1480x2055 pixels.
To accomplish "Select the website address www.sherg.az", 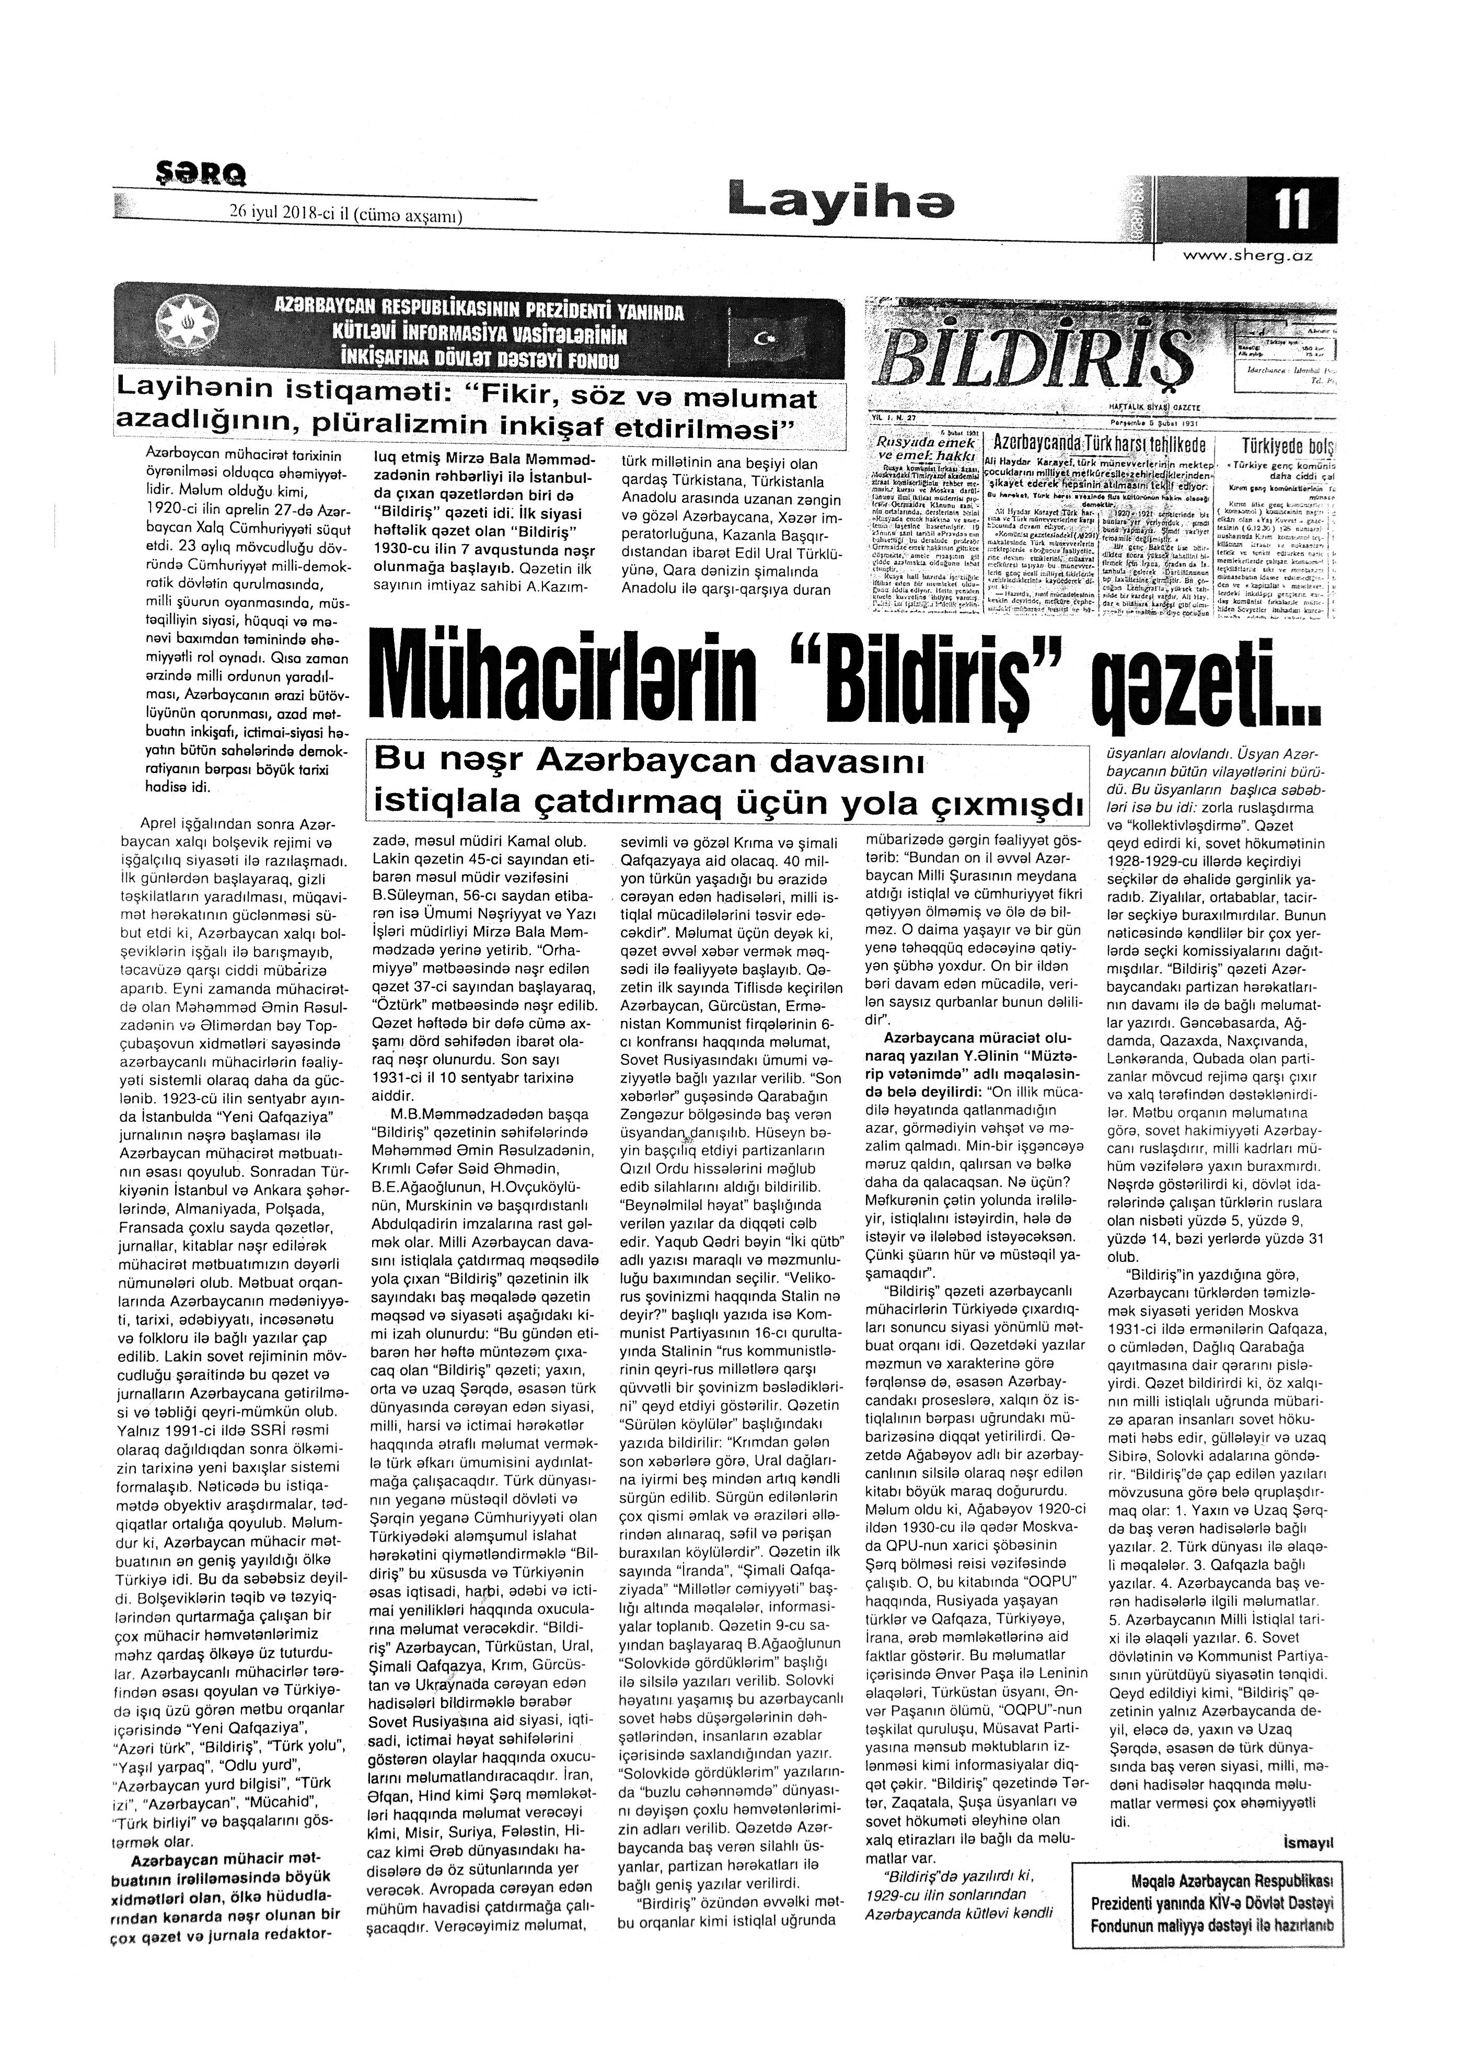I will [x=1247, y=257].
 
